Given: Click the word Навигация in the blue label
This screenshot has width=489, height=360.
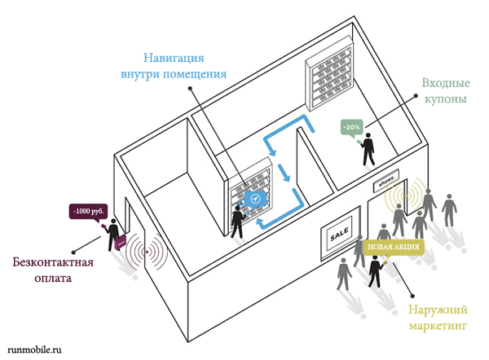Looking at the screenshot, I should point(173,58).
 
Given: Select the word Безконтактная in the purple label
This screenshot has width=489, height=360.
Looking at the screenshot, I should point(53,262).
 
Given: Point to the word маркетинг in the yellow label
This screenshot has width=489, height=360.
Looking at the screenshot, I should point(437,327).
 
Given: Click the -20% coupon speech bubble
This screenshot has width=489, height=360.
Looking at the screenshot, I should point(352,128).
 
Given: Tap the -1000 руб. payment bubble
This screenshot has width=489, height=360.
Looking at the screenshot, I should point(88,212).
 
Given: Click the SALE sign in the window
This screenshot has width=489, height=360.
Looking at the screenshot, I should point(338,236).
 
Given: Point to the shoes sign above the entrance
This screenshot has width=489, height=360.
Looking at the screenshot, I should point(386,182).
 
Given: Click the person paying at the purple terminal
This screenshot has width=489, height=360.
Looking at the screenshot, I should point(110,232).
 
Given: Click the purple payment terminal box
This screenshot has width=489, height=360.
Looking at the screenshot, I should point(121,242).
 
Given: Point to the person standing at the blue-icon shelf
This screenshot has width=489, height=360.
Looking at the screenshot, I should point(237,221).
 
